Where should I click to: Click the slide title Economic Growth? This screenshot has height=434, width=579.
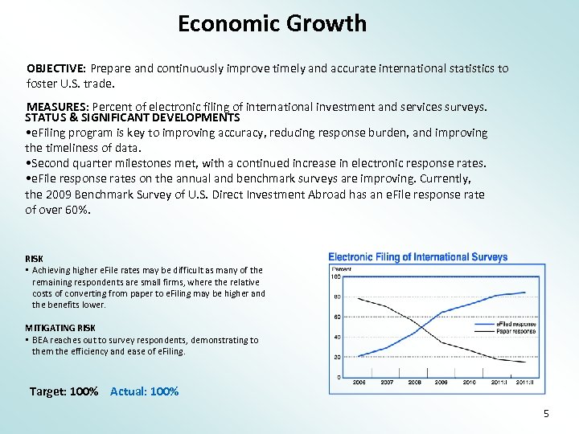tap(272, 24)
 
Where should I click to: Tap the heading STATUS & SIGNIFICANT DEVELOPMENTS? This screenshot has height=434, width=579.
tap(132, 117)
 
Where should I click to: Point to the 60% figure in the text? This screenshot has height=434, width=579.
tap(77, 210)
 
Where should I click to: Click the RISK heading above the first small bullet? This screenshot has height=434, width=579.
tap(35, 259)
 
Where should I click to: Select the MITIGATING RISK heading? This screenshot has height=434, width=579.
tap(60, 328)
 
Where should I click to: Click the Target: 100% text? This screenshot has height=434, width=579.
tap(64, 391)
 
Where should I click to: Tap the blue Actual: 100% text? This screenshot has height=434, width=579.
tap(145, 391)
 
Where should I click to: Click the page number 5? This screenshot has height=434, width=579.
tap(546, 414)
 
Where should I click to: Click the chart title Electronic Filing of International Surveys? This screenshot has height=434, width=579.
tap(418, 257)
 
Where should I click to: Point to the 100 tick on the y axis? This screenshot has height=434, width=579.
tap(335, 277)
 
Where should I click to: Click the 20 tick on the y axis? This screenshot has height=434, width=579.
tap(337, 357)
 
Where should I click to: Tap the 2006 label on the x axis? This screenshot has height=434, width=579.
tap(358, 383)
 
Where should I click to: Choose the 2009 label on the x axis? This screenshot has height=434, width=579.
tap(441, 383)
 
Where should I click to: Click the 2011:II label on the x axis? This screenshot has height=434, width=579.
tap(525, 383)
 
